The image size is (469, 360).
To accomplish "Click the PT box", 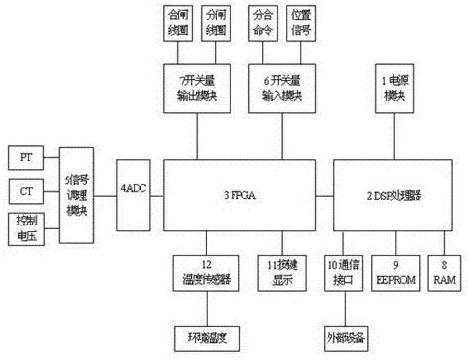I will (x=26, y=157).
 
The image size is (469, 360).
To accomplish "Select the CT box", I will (x=26, y=189).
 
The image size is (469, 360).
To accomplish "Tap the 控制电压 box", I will (x=26, y=225).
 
